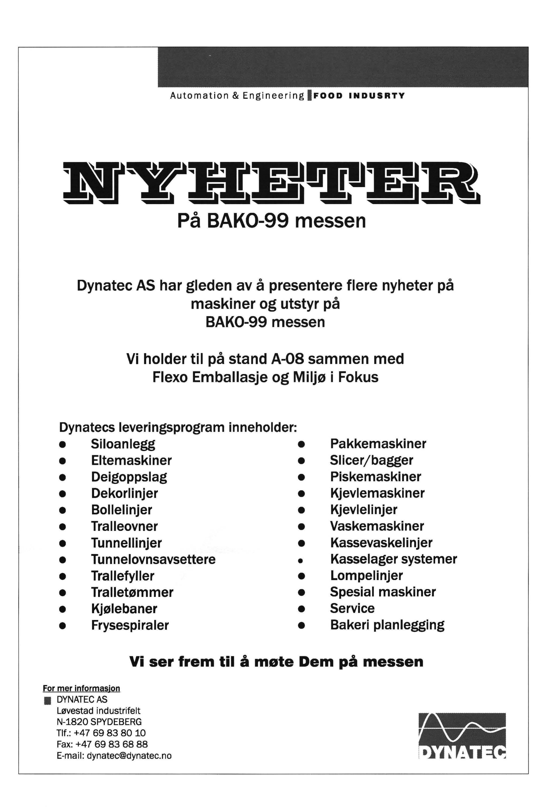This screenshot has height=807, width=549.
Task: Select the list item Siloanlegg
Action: pos(123,444)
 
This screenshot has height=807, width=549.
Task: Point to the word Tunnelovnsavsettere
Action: pos(153,559)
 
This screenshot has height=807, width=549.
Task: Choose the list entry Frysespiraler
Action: pos(130,625)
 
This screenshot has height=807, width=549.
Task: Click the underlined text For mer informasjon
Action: pos(81,688)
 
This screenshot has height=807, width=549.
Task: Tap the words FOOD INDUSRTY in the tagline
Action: pos(359,96)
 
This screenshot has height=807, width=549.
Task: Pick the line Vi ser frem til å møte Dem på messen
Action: pos(276,662)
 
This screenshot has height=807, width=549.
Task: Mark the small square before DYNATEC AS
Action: pos(48,701)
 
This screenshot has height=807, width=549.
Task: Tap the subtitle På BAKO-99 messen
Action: pos(271,221)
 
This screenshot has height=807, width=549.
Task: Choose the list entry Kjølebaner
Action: pos(124,608)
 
